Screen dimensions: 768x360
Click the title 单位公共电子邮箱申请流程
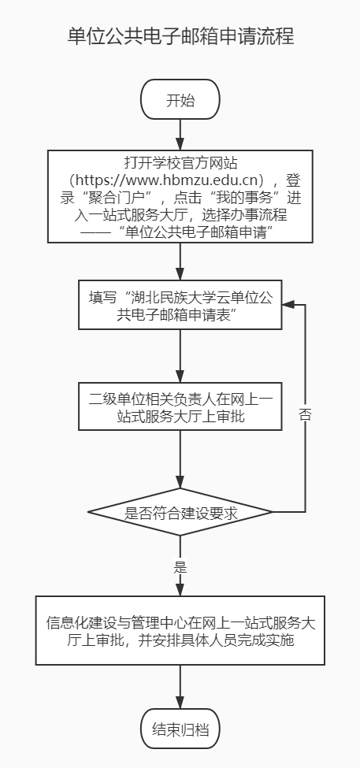click(180, 37)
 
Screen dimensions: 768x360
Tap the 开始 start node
click(180, 101)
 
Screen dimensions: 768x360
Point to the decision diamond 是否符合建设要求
click(180, 514)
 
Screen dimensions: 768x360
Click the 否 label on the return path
click(305, 414)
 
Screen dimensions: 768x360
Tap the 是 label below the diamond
click(180, 566)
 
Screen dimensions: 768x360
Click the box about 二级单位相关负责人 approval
click(180, 406)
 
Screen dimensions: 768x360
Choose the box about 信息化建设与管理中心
click(180, 633)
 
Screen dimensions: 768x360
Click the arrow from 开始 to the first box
click(180, 134)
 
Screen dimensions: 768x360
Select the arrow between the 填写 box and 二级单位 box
click(180, 356)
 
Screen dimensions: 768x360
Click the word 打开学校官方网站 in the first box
click(180, 162)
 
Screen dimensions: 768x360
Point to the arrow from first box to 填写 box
click(180, 262)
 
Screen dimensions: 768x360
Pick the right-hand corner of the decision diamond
click(271, 514)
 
